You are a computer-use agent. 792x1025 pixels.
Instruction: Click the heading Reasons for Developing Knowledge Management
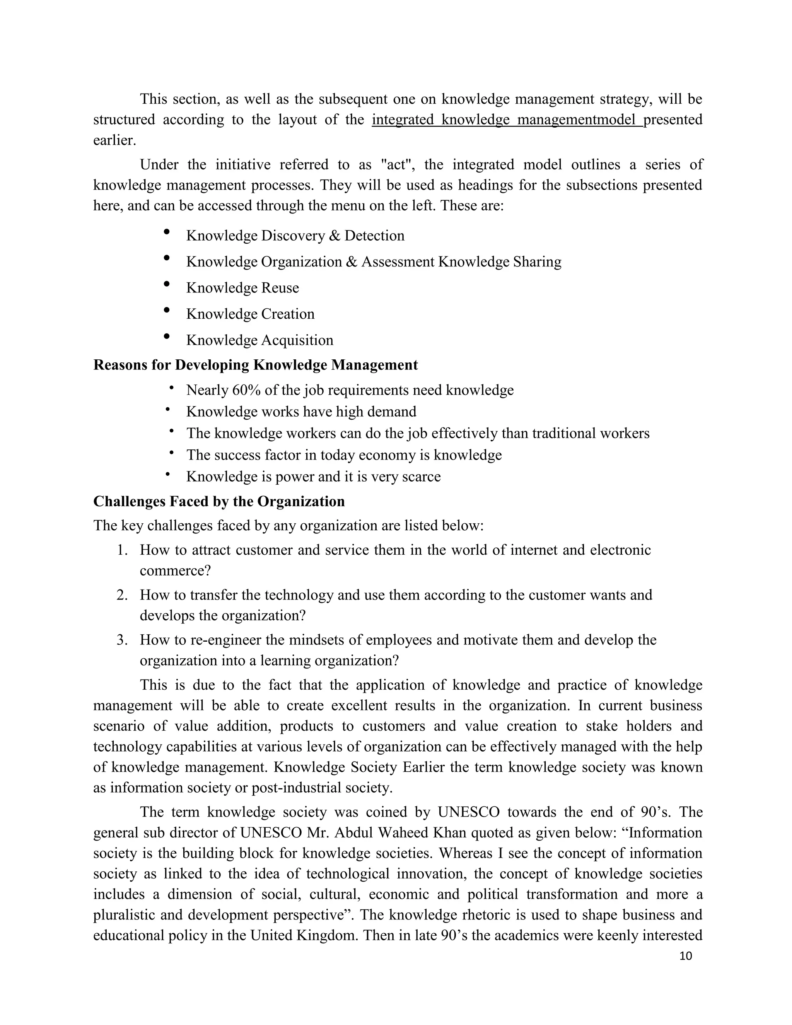[x=255, y=365]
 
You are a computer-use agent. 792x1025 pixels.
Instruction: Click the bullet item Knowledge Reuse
[x=242, y=288]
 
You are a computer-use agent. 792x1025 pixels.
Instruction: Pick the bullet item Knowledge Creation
[x=250, y=314]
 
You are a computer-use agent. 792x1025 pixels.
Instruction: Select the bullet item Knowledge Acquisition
[x=259, y=340]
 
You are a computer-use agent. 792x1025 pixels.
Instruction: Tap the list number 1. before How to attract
[x=123, y=550]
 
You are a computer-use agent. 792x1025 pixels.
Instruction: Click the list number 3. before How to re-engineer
[x=123, y=640]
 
